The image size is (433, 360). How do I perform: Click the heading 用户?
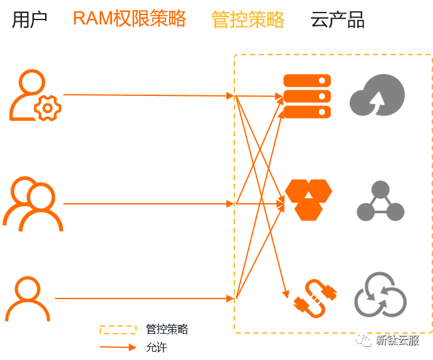point(30,19)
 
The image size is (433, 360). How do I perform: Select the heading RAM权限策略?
point(129,19)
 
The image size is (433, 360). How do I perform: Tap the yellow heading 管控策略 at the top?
point(248,19)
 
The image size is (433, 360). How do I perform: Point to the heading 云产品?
point(337,19)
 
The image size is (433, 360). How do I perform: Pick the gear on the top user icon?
point(48,109)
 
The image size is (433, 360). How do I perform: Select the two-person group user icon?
point(33,204)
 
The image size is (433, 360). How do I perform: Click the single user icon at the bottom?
point(28,299)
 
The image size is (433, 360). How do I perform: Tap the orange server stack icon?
point(307,96)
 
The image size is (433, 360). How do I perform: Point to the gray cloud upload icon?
point(377,95)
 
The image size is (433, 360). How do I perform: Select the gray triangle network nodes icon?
point(380,201)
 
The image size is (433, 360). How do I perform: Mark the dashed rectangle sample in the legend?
point(118,329)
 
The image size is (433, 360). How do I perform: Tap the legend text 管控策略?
point(167,329)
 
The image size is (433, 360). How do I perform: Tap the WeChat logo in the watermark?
point(363,339)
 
